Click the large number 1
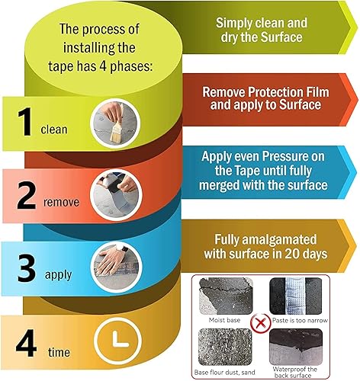pos(25,122)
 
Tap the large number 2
pos(27,195)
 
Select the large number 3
pos(27,268)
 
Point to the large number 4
pos(26,343)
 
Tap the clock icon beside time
pos(117,341)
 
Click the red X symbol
pos(260,323)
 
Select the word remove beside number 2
pos(61,203)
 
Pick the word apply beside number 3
pos(59,275)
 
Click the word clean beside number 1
pos(54,130)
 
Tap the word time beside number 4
pos(59,352)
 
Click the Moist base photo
pos(226,296)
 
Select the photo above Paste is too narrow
pos(296,296)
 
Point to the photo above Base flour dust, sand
pos(225,347)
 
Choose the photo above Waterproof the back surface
pos(296,347)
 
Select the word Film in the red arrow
pos(317,92)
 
